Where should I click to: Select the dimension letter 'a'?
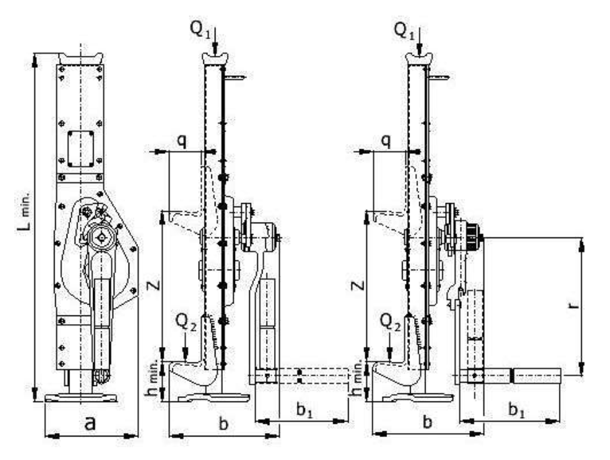(90, 423)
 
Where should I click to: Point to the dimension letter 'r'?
(574, 304)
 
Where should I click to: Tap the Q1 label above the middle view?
(201, 29)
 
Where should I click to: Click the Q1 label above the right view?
(405, 30)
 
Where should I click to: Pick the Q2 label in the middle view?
(187, 322)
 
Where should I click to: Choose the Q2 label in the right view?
(391, 322)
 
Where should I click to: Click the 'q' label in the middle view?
(182, 142)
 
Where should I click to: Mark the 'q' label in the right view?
(386, 142)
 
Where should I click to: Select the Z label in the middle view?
(154, 286)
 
